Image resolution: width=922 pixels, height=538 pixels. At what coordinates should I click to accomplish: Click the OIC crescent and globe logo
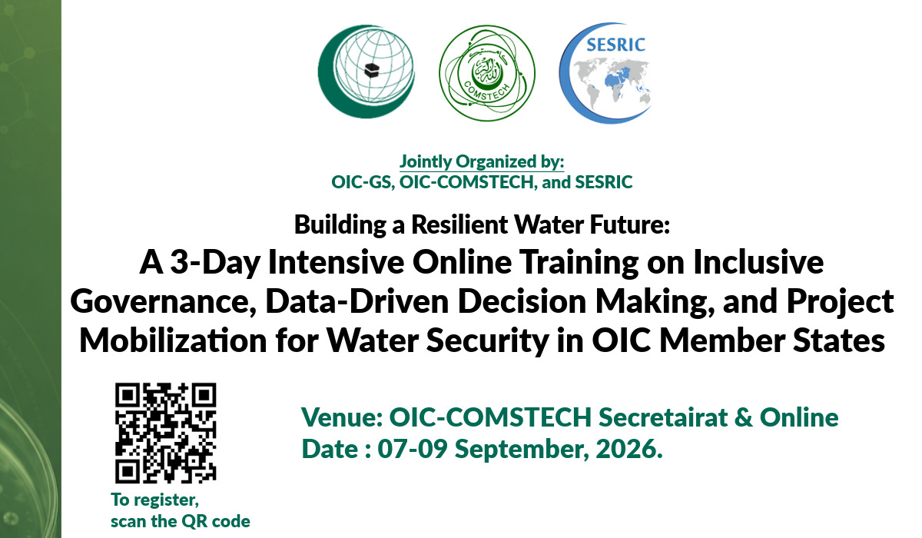tap(366, 71)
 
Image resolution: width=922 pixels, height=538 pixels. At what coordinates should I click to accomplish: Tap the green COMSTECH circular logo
tap(487, 73)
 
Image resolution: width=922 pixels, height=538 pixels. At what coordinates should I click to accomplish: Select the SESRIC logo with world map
tap(605, 73)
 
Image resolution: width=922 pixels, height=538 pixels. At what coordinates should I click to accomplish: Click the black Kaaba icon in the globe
tap(373, 71)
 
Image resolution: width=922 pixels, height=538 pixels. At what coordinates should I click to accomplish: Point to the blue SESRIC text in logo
tap(615, 45)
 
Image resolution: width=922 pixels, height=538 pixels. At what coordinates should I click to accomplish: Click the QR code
tap(165, 433)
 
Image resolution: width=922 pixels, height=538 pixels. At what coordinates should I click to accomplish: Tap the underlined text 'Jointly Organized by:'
tap(482, 161)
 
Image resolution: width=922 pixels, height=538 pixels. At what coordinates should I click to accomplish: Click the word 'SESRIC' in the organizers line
tap(603, 182)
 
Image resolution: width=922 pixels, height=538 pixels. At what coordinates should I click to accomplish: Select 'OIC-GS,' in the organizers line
tap(363, 182)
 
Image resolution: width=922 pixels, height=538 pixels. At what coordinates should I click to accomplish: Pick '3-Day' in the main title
tap(215, 262)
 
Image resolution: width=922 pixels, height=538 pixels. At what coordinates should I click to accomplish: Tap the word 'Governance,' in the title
tap(164, 302)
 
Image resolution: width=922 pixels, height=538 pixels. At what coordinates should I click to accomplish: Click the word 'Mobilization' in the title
tap(173, 340)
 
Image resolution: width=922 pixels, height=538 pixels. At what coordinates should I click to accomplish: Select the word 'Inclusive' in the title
tap(758, 262)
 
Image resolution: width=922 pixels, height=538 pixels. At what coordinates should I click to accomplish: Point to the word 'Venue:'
tap(343, 417)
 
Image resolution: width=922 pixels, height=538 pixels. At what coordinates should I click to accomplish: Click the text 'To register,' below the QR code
tap(154, 500)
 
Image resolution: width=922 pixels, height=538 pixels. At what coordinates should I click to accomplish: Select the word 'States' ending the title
tap(839, 340)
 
